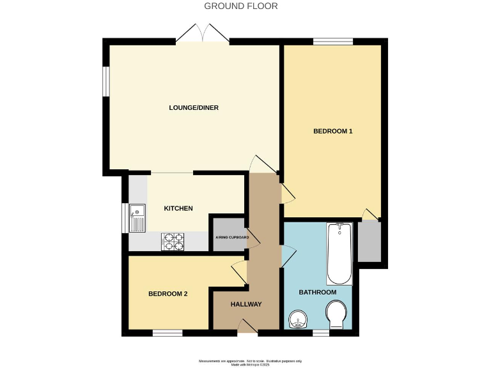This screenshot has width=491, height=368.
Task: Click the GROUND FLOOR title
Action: pyautogui.click(x=241, y=6)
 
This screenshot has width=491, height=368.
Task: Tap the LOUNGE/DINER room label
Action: pyautogui.click(x=194, y=108)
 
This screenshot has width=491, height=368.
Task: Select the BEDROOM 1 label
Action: pyautogui.click(x=332, y=132)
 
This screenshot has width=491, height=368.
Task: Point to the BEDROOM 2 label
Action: pyautogui.click(x=168, y=294)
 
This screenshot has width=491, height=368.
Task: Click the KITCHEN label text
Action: pyautogui.click(x=178, y=208)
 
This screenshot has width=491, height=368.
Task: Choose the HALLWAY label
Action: pyautogui.click(x=246, y=304)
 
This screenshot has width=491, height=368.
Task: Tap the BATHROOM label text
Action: pyautogui.click(x=318, y=293)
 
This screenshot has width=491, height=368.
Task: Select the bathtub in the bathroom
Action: pyautogui.click(x=339, y=254)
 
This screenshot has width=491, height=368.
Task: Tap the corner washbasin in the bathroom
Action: pyautogui.click(x=297, y=319)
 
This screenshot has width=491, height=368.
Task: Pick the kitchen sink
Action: pyautogui.click(x=137, y=217)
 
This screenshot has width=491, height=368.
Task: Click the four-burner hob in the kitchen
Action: pyautogui.click(x=173, y=241)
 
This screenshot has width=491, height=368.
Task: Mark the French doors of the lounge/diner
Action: pyautogui.click(x=203, y=33)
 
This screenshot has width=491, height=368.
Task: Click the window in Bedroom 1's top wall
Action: pyautogui.click(x=332, y=42)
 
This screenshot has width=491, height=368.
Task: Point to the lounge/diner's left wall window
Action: pyautogui.click(x=106, y=81)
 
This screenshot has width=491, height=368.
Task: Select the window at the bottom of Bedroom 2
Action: pyautogui.click(x=168, y=332)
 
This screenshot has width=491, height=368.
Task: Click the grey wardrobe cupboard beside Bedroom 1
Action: pyautogui.click(x=369, y=241)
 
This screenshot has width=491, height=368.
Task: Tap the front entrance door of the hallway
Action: pyautogui.click(x=247, y=328)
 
